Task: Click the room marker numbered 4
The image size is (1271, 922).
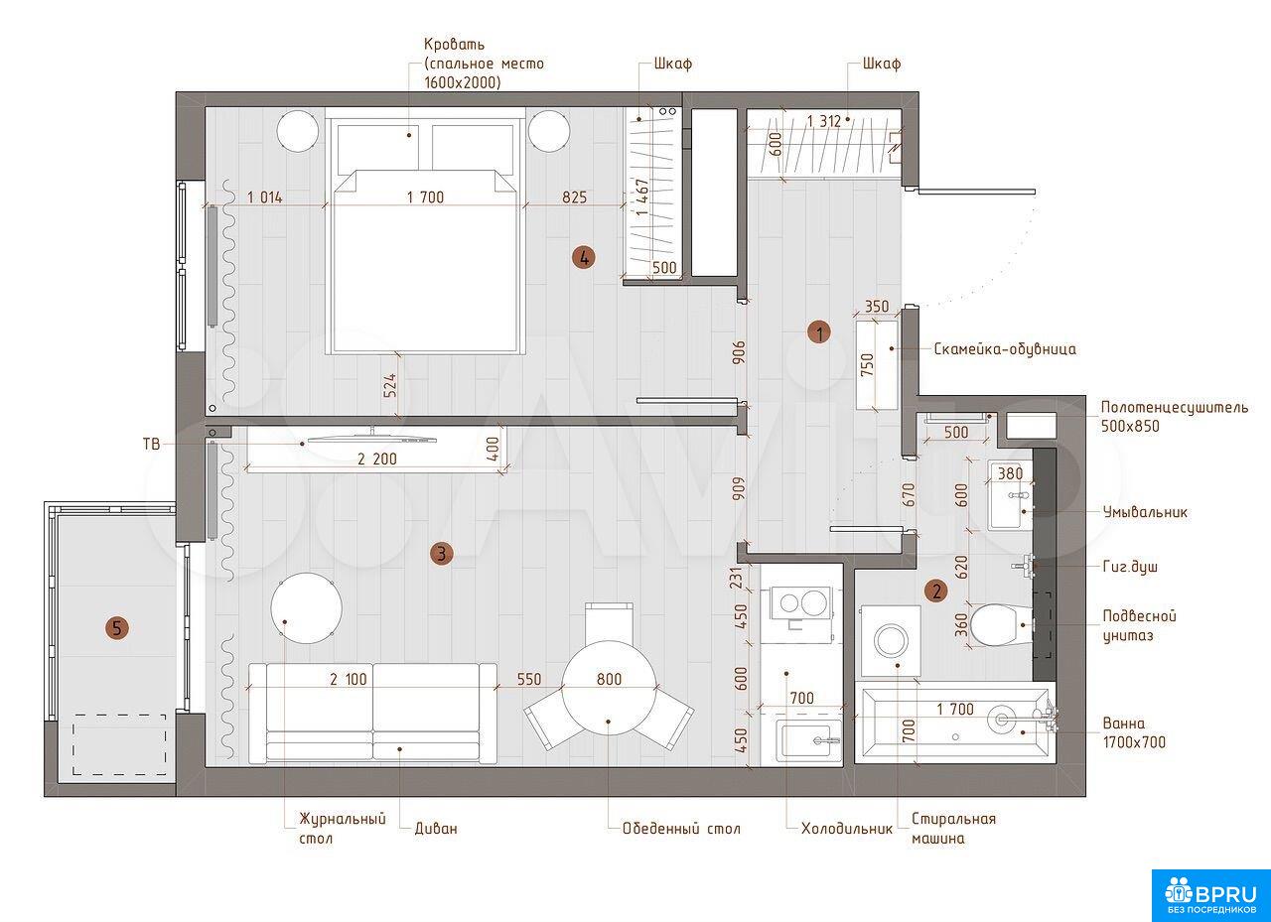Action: point(584,258)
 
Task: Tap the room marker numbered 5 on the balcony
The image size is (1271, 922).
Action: point(117,628)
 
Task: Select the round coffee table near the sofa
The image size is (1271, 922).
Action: point(307,607)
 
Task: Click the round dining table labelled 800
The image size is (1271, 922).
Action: point(609,687)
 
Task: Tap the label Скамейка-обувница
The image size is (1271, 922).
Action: point(1005,348)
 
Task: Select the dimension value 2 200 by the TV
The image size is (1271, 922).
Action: point(377,459)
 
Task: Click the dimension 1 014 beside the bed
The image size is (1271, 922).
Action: point(264,198)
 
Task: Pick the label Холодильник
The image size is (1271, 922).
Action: point(847,829)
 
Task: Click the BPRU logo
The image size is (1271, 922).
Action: point(1210,896)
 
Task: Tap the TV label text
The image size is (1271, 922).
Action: point(152,444)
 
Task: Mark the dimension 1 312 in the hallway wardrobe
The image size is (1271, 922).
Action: point(824,121)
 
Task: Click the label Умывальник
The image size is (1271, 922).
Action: point(1145,512)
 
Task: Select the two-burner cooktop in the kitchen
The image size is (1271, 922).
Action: point(800,602)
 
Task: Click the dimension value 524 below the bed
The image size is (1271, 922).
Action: point(390,385)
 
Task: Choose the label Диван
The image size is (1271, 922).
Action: point(436,829)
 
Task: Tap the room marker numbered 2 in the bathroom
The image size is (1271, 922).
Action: point(936,592)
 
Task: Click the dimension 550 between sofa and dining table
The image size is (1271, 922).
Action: point(529,679)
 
